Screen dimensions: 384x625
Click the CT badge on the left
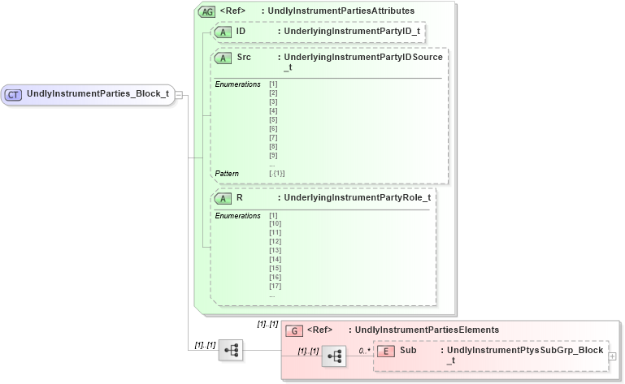tap(13, 94)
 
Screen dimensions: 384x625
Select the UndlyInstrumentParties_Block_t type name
tap(98, 94)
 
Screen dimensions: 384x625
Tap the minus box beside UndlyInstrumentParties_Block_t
tap(179, 94)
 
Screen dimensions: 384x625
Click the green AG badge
tap(206, 11)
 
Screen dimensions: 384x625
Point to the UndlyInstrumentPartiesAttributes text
tap(344, 11)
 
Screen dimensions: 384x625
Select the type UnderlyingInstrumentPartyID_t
tap(349, 32)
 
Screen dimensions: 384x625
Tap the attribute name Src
tap(244, 58)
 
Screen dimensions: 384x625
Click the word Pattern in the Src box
tap(227, 174)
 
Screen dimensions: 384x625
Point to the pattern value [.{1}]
tap(277, 174)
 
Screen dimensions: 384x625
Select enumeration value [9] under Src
tap(273, 155)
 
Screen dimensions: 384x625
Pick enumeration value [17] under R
tap(275, 286)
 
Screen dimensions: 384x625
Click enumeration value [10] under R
tap(275, 223)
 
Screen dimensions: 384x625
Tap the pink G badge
tap(296, 330)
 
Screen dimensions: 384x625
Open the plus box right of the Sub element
tap(612, 356)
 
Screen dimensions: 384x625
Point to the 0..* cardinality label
tap(364, 351)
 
